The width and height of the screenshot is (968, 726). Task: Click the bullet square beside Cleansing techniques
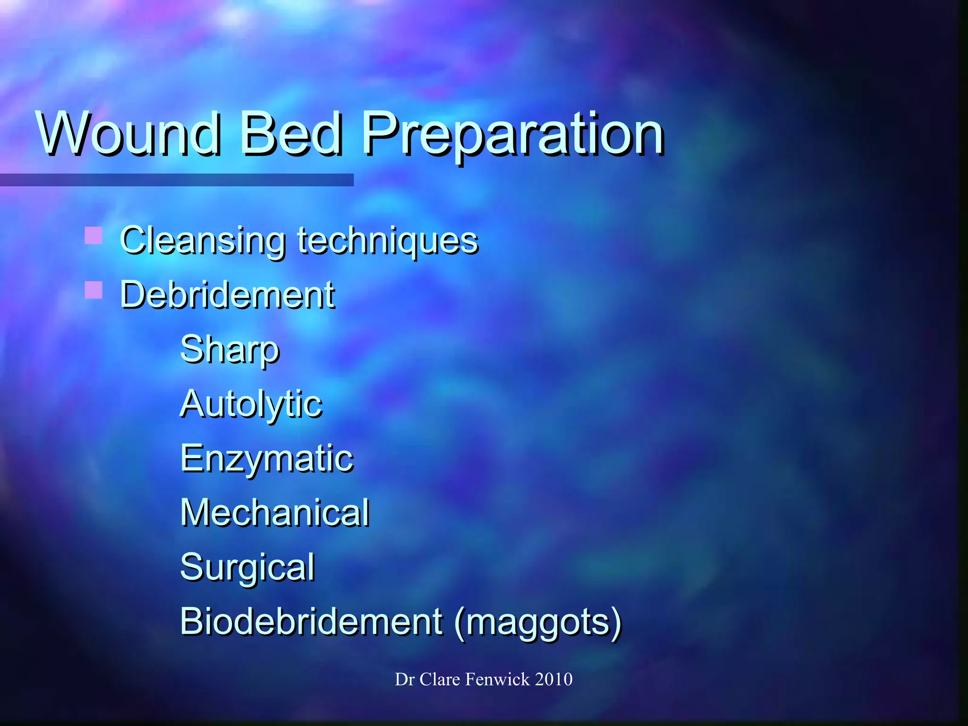(93, 235)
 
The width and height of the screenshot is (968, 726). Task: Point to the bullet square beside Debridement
(93, 290)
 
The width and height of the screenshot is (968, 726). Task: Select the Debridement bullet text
(227, 294)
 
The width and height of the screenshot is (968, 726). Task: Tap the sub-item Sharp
(230, 350)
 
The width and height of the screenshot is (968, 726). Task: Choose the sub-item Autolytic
(251, 405)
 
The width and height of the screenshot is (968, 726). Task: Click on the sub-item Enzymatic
(267, 459)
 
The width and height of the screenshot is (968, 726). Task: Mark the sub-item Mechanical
(275, 512)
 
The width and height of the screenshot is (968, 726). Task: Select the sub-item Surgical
(247, 568)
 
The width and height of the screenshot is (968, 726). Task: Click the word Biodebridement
(311, 621)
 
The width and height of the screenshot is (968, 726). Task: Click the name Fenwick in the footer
(498, 679)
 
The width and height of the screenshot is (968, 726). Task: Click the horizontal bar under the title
(177, 180)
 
